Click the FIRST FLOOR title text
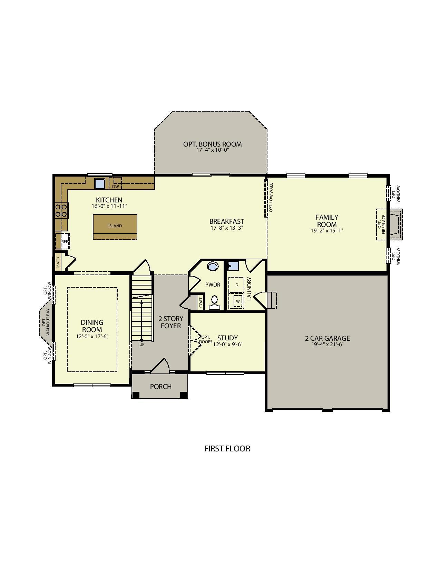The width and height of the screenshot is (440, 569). [227, 449]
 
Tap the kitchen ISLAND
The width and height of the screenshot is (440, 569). [115, 226]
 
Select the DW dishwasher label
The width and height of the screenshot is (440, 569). [115, 187]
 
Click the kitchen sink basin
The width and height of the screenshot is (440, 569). [100, 183]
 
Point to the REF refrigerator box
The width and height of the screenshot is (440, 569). [64, 241]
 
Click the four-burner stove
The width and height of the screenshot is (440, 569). [61, 210]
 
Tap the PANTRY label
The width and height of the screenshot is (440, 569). [58, 262]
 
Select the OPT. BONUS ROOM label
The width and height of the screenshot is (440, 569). [212, 144]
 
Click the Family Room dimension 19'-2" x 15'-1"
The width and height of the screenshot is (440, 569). [327, 231]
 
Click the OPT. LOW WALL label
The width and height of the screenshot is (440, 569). [271, 198]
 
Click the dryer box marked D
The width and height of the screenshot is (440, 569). [237, 285]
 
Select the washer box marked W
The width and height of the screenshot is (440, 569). [238, 301]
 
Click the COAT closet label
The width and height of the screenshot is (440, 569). [201, 303]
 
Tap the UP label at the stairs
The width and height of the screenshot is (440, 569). [142, 345]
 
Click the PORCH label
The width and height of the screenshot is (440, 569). [161, 387]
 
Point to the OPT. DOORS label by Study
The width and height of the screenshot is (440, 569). [206, 340]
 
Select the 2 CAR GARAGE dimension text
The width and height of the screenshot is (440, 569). [327, 344]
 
